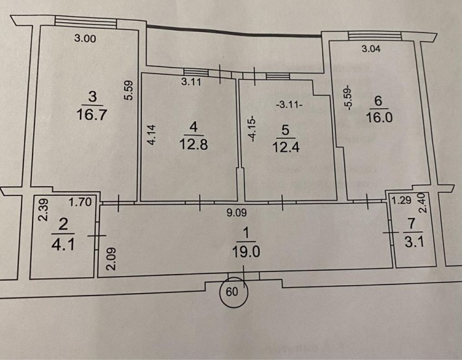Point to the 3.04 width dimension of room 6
pos(374,48)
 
